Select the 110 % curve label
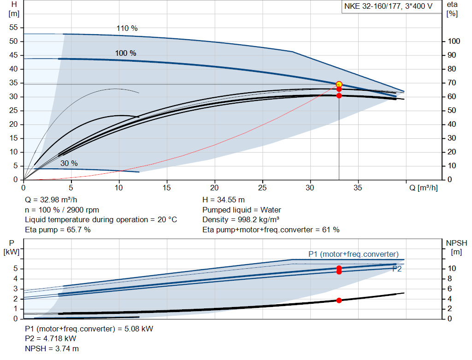[127, 28]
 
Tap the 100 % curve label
[125, 53]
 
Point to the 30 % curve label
[69, 163]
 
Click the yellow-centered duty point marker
[339, 84]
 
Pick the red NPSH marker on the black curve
[339, 300]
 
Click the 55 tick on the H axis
[13, 28]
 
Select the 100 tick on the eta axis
[454, 41]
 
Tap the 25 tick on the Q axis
[262, 188]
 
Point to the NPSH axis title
[456, 243]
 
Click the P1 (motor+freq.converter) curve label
[353, 254]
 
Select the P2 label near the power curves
[396, 269]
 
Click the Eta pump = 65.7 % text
[58, 230]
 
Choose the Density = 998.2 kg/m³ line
[241, 220]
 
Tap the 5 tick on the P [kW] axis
[15, 269]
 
